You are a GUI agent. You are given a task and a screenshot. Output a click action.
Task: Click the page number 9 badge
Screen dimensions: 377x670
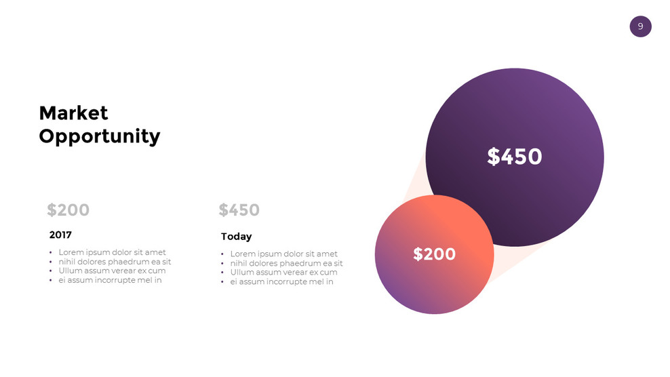click(x=640, y=26)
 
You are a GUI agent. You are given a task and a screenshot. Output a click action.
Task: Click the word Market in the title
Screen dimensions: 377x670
click(x=73, y=113)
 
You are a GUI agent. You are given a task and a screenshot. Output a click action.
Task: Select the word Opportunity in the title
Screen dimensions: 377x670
click(x=99, y=136)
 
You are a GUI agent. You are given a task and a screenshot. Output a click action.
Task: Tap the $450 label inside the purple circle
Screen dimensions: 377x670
click(x=515, y=157)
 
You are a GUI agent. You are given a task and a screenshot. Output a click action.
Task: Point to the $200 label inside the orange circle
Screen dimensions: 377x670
click(x=434, y=254)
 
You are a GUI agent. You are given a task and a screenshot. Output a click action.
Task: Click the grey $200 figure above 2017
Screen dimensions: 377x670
click(x=68, y=210)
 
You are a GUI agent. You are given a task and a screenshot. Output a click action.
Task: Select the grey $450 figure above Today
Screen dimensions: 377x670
click(x=239, y=210)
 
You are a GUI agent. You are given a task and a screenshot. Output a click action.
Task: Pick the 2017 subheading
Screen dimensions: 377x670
click(x=60, y=235)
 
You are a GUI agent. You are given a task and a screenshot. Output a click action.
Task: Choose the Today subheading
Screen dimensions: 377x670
click(x=236, y=237)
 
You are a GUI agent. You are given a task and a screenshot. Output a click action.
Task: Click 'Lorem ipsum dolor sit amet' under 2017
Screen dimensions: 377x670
click(x=112, y=252)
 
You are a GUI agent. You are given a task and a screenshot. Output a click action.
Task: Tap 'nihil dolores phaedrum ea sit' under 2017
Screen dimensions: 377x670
click(x=115, y=262)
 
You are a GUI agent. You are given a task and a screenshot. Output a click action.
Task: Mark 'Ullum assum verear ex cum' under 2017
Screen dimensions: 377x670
click(x=112, y=271)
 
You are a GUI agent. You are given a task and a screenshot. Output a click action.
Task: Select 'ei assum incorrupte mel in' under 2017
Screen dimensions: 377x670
click(x=110, y=279)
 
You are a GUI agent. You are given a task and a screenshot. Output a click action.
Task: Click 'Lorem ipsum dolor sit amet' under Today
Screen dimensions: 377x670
click(x=283, y=254)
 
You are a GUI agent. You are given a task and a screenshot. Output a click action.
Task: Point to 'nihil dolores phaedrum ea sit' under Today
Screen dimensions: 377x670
click(x=286, y=263)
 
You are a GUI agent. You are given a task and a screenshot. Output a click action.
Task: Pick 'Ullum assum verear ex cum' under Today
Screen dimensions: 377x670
click(x=283, y=272)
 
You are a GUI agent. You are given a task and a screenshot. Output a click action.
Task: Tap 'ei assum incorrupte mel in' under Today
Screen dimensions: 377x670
click(x=281, y=281)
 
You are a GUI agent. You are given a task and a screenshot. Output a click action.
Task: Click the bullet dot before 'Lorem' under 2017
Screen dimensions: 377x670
click(x=51, y=253)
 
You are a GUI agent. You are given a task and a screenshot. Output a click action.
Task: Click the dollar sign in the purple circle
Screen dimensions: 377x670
click(x=493, y=157)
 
